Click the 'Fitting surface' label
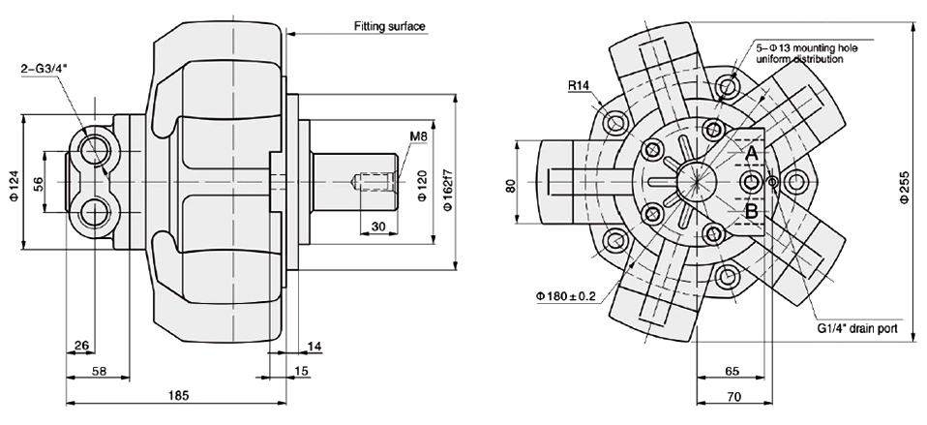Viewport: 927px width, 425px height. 390,26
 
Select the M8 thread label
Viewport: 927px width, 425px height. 418,137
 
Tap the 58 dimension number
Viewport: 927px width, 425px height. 99,371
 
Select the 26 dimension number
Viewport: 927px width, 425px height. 81,344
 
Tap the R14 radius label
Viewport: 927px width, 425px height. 580,85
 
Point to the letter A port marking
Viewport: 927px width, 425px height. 750,154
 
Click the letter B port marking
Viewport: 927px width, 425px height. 750,210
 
